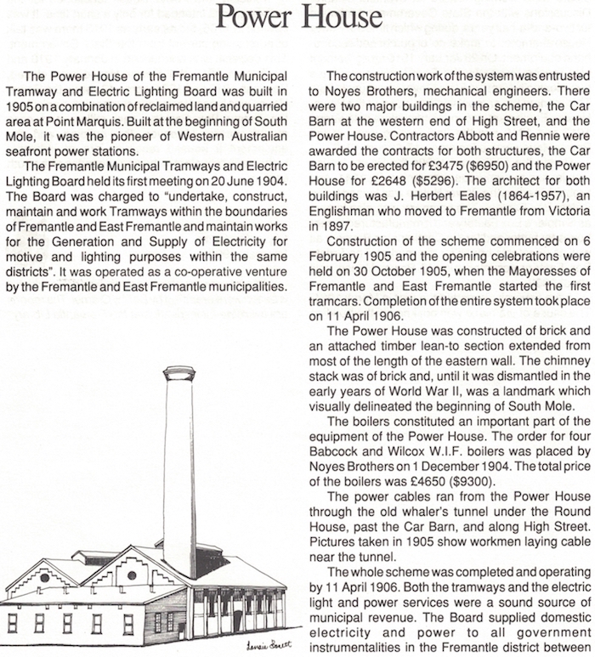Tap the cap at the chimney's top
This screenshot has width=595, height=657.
pyautogui.click(x=179, y=373)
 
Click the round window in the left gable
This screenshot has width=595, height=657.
pyautogui.click(x=45, y=577)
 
